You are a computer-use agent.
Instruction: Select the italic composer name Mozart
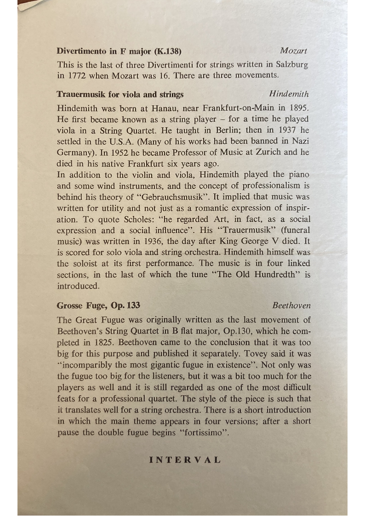pyautogui.click(x=293, y=51)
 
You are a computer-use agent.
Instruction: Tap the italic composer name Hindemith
pyautogui.click(x=289, y=94)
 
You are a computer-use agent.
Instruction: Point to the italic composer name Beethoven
pyautogui.click(x=291, y=305)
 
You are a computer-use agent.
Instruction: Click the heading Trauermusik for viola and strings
pyautogui.click(x=120, y=94)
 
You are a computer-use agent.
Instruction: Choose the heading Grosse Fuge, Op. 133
pyautogui.click(x=98, y=305)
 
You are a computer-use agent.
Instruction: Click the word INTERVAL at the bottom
pyautogui.click(x=185, y=459)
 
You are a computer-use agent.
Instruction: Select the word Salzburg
pyautogui.click(x=290, y=64)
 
